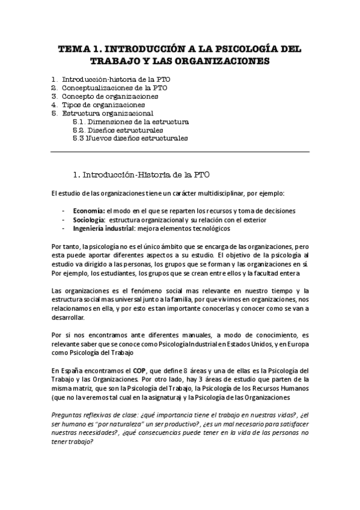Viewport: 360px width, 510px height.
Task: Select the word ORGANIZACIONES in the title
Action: [223, 61]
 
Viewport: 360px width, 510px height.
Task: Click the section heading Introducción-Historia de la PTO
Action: [145, 174]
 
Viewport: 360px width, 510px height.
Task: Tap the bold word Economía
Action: [88, 211]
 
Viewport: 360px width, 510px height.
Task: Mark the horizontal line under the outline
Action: [180, 152]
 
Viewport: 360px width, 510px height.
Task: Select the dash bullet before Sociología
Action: [64, 220]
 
